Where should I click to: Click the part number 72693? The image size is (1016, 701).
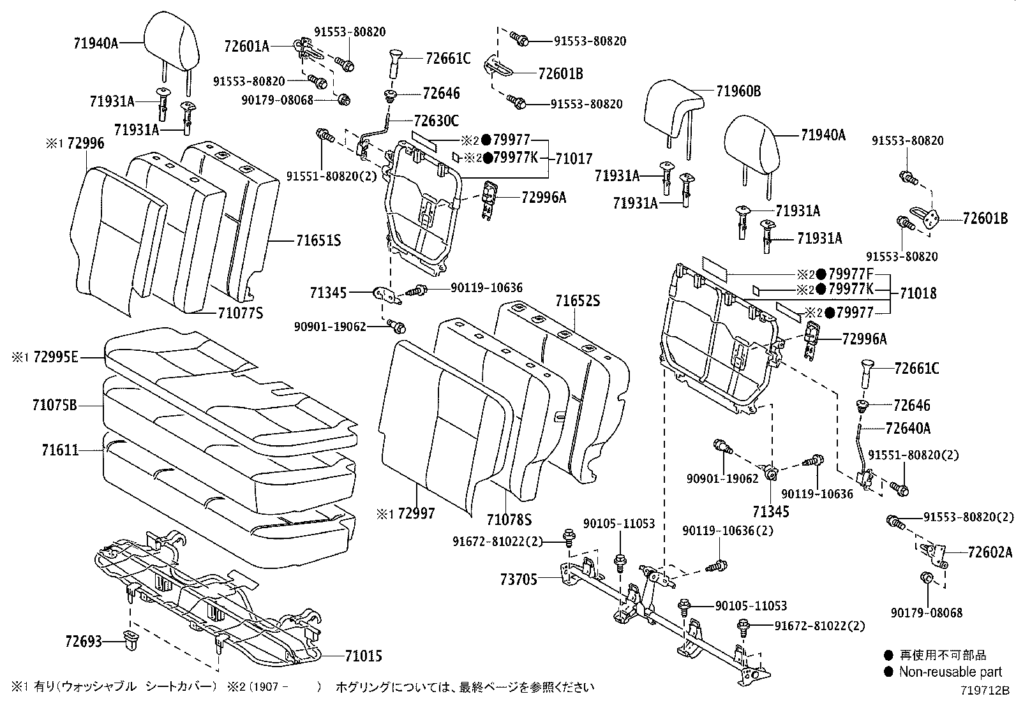click(83, 640)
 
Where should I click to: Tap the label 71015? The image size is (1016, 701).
click(363, 656)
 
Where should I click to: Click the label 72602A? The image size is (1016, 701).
click(990, 552)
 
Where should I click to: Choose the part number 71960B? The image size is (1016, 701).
click(738, 91)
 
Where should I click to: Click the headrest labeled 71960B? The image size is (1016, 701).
click(672, 108)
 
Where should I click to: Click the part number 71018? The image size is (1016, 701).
click(918, 293)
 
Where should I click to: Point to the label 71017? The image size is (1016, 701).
click(574, 158)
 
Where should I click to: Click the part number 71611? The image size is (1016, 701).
click(61, 450)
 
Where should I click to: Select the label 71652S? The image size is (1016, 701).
click(578, 300)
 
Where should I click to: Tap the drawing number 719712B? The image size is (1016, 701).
click(987, 690)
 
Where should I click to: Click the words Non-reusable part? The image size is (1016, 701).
click(950, 672)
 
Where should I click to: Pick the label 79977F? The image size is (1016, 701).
click(855, 274)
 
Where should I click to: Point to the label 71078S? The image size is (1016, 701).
click(509, 520)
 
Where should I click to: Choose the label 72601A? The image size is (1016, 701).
click(246, 45)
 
